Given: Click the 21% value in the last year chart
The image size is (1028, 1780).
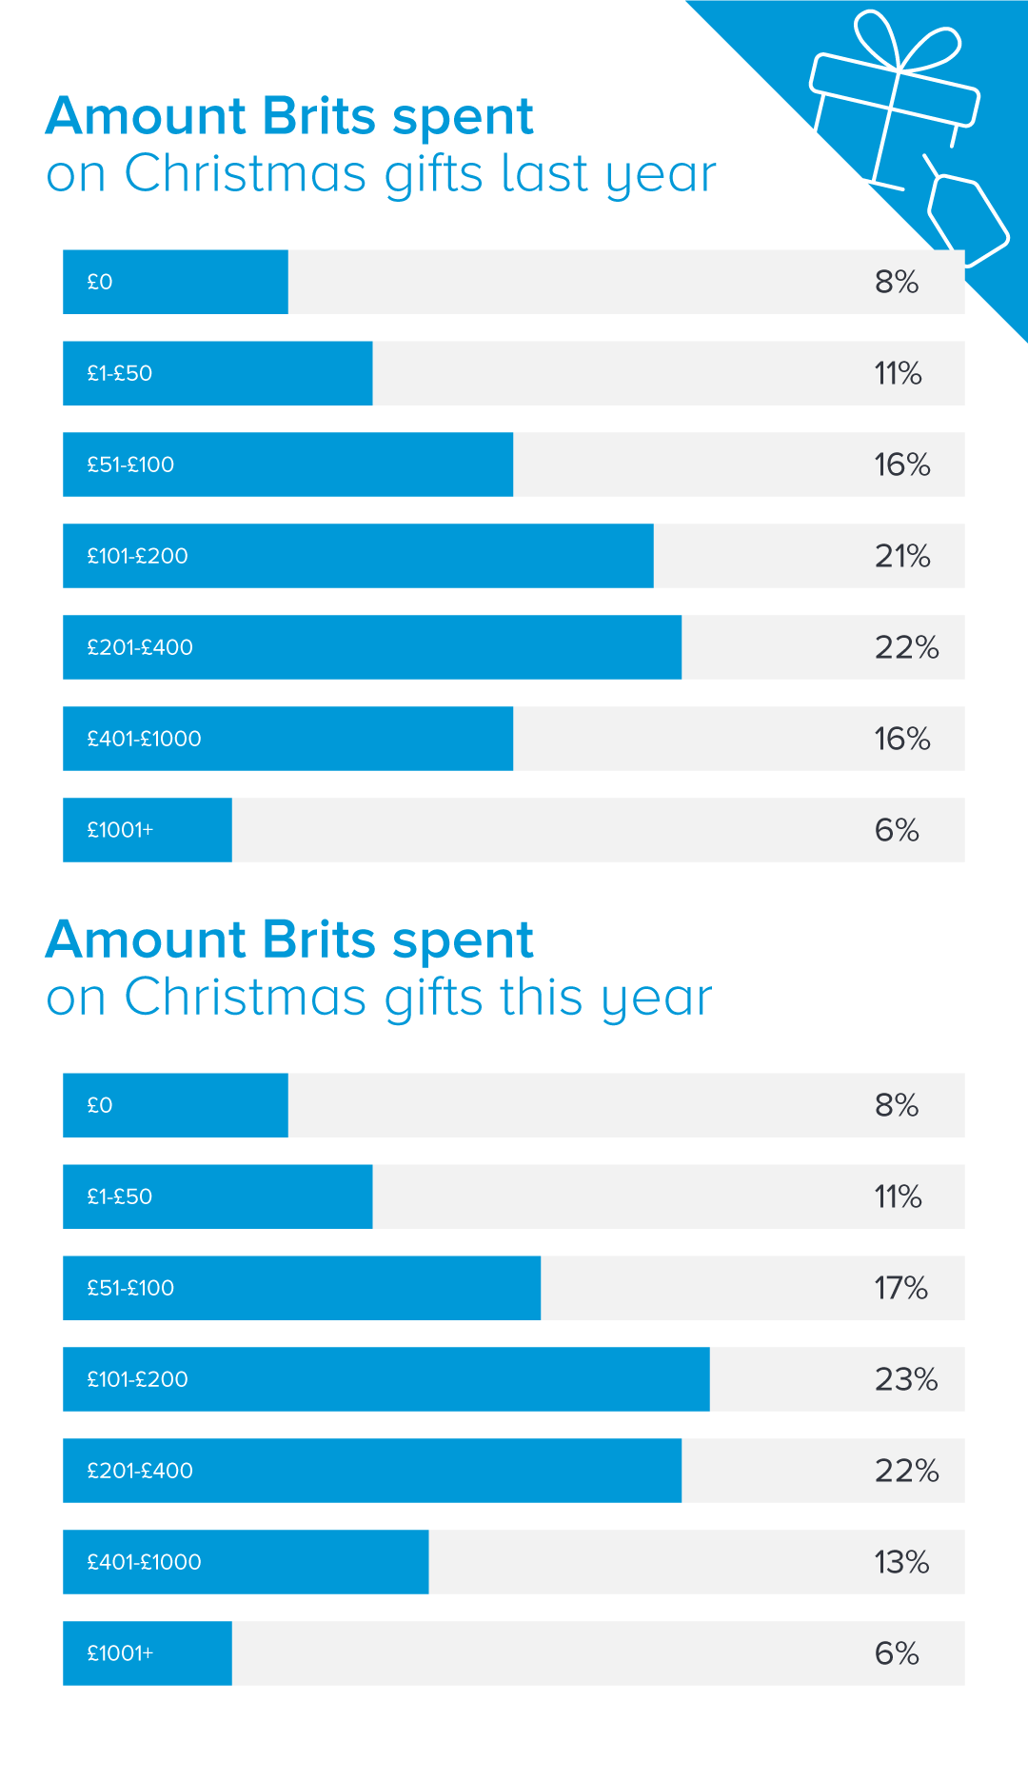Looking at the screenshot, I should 902,556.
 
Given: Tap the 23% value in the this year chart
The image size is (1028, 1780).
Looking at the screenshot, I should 906,1379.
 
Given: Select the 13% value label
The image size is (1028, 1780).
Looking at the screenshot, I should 901,1562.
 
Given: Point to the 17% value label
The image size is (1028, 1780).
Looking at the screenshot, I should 900,1288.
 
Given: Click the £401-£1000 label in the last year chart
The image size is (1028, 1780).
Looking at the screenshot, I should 144,739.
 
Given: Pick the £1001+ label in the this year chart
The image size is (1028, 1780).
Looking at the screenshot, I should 120,1653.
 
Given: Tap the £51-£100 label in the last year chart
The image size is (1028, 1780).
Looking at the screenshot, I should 130,465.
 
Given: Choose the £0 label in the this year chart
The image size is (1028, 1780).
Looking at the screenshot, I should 100,1105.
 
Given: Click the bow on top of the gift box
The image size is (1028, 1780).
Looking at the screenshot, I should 904,43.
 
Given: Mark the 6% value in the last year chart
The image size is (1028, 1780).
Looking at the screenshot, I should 897,830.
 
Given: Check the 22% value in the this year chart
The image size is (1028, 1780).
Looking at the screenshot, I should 906,1471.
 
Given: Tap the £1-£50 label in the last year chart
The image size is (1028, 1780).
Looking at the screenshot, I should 120,373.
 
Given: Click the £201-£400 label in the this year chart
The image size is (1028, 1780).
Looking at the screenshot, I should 140,1471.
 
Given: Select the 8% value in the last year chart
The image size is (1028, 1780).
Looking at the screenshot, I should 897,282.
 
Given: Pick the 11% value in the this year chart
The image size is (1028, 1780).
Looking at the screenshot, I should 898,1197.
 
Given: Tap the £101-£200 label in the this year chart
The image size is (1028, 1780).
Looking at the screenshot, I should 137,1379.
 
